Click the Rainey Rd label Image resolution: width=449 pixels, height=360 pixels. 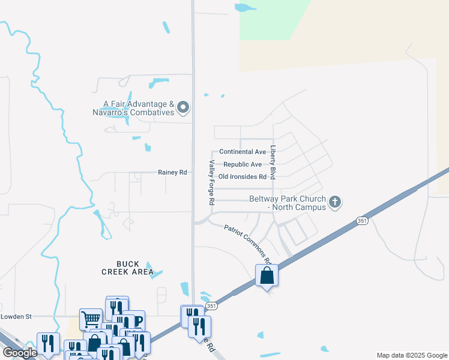(x=172, y=172)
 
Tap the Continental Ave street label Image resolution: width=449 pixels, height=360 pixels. (x=243, y=152)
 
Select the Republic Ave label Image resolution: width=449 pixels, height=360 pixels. (x=243, y=164)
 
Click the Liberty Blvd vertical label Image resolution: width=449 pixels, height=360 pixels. (x=273, y=163)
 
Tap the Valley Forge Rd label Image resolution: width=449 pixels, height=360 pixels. (x=211, y=183)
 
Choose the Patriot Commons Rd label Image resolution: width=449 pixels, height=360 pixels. (x=248, y=244)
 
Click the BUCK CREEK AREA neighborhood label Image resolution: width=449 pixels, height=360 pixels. (x=127, y=268)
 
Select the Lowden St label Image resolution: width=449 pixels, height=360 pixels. (x=16, y=316)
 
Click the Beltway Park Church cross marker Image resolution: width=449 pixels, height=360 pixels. (x=335, y=202)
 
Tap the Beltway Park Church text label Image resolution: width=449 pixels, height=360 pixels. (x=288, y=203)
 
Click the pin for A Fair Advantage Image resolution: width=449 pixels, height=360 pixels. (x=184, y=108)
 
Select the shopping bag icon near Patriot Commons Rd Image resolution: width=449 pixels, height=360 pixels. (x=267, y=276)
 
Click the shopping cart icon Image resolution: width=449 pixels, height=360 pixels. (x=91, y=318)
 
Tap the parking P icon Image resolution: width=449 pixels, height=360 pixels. (x=136, y=320)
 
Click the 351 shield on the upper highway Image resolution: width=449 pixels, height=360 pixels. (x=361, y=221)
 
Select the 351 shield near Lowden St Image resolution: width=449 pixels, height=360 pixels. (x=211, y=306)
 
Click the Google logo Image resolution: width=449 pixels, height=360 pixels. (x=20, y=353)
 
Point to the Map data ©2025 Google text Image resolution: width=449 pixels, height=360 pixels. (x=411, y=355)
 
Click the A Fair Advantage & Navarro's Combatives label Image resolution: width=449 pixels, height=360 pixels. (x=133, y=108)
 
